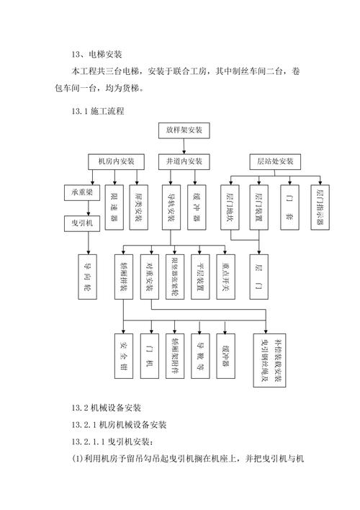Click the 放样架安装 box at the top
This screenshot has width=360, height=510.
[x=184, y=131]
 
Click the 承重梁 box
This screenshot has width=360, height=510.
[x=81, y=193]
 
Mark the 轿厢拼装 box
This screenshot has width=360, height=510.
[x=124, y=275]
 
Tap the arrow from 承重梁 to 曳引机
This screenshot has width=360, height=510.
[x=89, y=207]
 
